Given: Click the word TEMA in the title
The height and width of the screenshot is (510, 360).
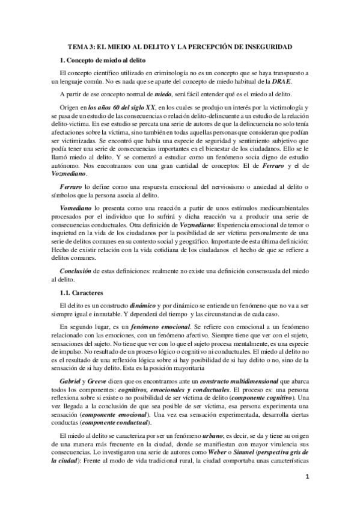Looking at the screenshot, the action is pos(78,46).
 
